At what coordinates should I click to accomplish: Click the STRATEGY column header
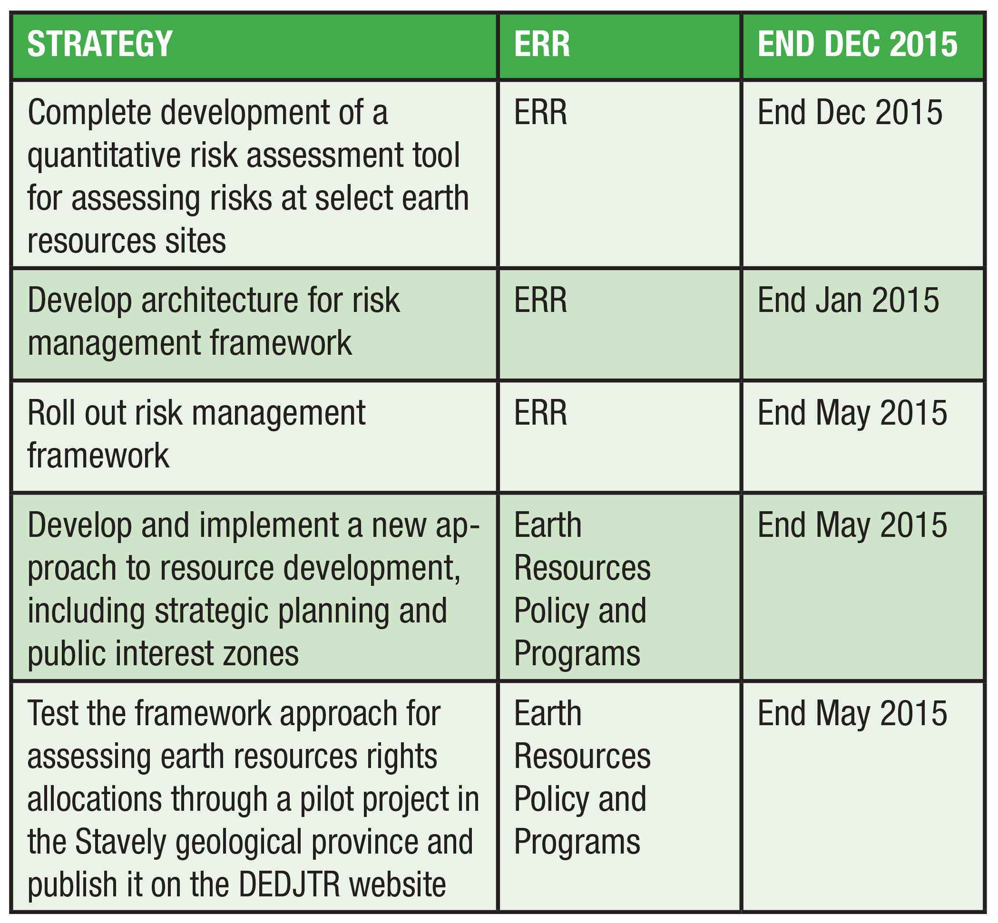click(100, 44)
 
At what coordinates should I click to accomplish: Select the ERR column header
click(541, 44)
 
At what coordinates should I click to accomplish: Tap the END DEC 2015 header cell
click(857, 44)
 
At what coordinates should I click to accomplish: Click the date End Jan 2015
click(848, 300)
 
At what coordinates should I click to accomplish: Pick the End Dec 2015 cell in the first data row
click(850, 112)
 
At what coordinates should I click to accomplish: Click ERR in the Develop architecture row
click(540, 300)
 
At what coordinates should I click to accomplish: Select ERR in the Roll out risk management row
click(540, 413)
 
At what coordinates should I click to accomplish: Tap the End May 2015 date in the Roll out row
click(852, 413)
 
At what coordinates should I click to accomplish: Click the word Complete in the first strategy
click(89, 113)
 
